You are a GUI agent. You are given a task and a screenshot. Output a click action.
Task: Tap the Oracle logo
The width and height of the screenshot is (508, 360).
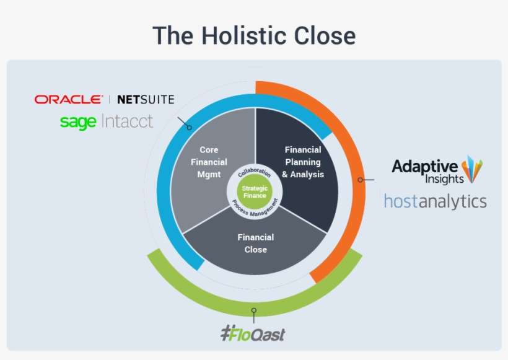(x=68, y=99)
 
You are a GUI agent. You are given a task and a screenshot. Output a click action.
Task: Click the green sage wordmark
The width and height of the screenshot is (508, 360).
(x=78, y=121)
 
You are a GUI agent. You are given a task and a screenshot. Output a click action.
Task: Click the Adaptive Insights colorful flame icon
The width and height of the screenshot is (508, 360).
(x=473, y=170)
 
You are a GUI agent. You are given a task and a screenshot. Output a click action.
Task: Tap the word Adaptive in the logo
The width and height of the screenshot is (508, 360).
(x=425, y=165)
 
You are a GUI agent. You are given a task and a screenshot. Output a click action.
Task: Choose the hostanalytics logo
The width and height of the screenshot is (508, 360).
(x=435, y=201)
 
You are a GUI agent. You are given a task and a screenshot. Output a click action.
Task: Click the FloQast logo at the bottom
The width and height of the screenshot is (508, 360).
(x=253, y=334)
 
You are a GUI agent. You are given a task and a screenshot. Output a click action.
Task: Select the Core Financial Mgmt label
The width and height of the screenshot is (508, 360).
(x=208, y=162)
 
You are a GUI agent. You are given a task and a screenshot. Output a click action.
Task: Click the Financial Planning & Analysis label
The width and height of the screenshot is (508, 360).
(x=303, y=162)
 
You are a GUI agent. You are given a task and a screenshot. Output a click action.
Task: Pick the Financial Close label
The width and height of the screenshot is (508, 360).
(x=255, y=243)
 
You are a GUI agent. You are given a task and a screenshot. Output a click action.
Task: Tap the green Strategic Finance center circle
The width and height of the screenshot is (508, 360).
(x=255, y=191)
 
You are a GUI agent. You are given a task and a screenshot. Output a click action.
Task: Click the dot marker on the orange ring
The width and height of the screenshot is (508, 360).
(x=360, y=180)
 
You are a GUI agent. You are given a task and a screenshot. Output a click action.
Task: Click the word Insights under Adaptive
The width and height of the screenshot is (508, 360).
(x=444, y=180)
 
